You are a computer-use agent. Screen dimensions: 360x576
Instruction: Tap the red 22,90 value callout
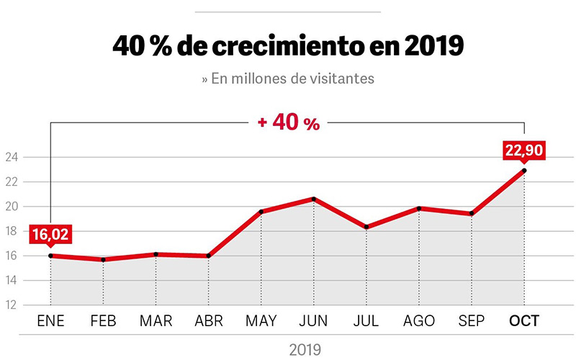coord(524,150)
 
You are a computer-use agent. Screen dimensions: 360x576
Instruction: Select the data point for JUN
coord(313,199)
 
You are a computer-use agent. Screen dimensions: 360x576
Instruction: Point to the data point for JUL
coord(366,227)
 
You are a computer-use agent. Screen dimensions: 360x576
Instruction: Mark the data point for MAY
coord(261,212)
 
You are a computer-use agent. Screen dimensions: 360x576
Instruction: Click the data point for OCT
coord(524,171)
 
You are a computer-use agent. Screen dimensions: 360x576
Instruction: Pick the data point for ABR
coord(208,256)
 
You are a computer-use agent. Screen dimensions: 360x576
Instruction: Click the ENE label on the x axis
coord(50,321)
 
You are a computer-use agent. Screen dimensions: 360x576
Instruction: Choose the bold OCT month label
coord(524,321)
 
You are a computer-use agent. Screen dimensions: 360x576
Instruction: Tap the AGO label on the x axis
coord(419,321)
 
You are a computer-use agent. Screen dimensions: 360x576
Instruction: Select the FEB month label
coord(103,321)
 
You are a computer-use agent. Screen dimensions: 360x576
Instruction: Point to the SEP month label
coord(472,321)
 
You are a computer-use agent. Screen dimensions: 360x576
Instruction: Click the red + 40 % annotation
coord(288,123)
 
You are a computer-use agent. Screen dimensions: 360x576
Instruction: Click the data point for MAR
coord(156,254)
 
